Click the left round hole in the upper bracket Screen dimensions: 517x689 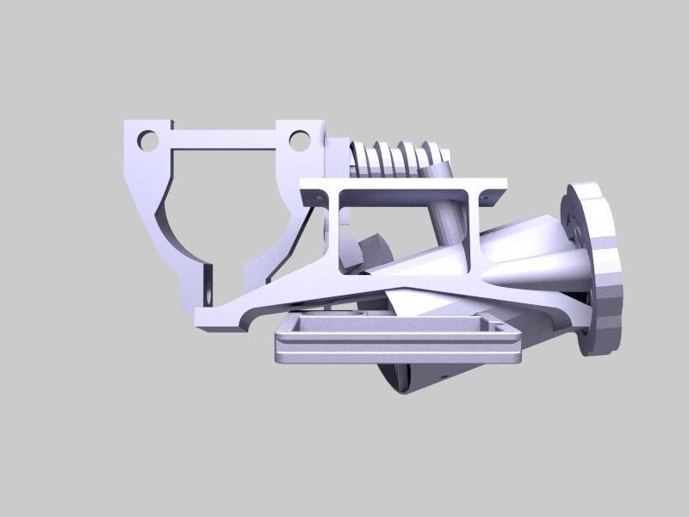pos(148,139)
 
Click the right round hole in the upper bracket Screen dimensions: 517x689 pos(298,139)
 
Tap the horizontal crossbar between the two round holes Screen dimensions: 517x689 pos(224,138)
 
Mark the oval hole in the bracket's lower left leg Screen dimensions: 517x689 pos(208,277)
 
